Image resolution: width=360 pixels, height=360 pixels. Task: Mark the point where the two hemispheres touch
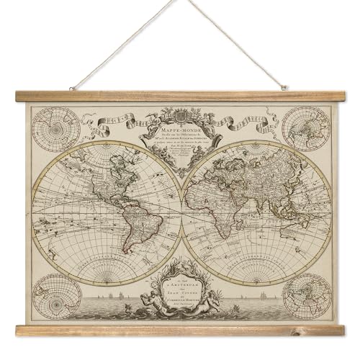coord(180,204)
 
